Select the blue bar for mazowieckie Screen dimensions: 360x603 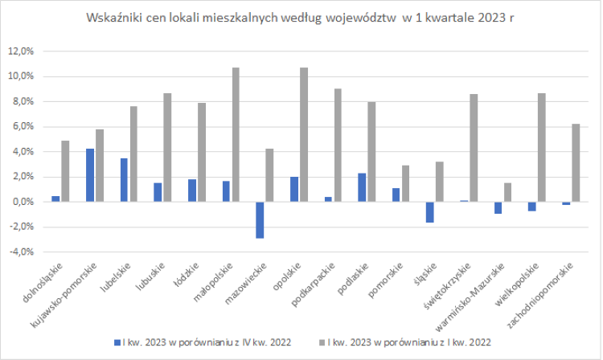point(260,219)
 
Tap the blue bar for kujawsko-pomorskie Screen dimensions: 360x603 point(90,175)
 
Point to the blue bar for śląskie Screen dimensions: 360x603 point(430,211)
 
